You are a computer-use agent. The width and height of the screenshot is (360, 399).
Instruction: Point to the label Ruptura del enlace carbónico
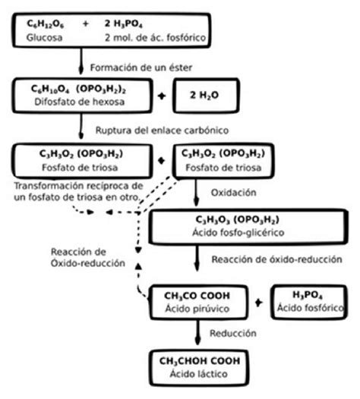pos(163,129)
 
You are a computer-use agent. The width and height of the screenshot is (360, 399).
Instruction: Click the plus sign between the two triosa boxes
pos(160,161)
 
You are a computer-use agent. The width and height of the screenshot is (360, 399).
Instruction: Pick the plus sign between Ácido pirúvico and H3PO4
pos(258,301)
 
